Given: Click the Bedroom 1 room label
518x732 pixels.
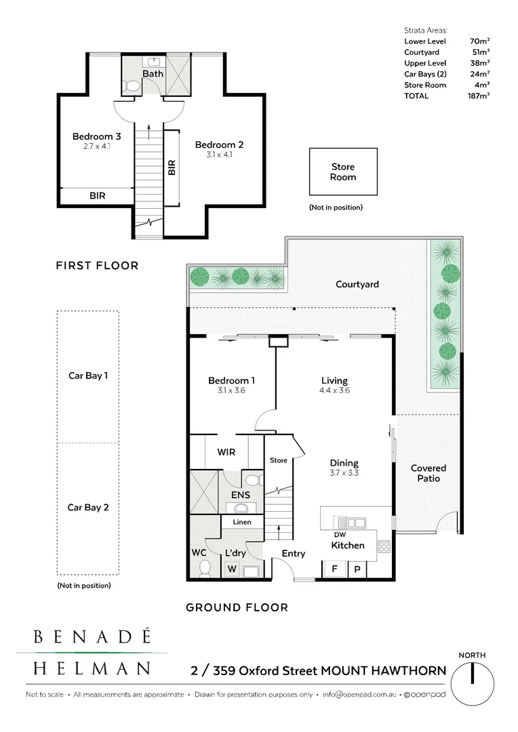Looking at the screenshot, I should pyautogui.click(x=231, y=381).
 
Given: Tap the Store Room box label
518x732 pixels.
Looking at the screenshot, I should pyautogui.click(x=342, y=171).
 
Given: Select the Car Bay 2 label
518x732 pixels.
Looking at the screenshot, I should pyautogui.click(x=87, y=506).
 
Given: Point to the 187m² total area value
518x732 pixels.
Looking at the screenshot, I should pyautogui.click(x=479, y=96).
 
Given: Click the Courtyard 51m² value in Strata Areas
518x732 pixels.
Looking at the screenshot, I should pyautogui.click(x=481, y=52).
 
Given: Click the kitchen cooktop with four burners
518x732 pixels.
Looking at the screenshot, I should pyautogui.click(x=384, y=546).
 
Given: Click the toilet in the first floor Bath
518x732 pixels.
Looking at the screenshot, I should pyautogui.click(x=132, y=86).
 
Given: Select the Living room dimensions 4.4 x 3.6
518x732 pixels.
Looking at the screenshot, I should pyautogui.click(x=334, y=390).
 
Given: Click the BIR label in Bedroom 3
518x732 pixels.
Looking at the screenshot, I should pyautogui.click(x=98, y=196).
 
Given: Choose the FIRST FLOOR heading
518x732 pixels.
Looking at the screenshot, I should pyautogui.click(x=97, y=266).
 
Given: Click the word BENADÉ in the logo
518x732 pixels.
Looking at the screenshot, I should pyautogui.click(x=92, y=637).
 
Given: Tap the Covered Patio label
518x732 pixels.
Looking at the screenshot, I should pyautogui.click(x=429, y=473).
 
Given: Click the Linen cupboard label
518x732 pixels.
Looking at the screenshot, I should pyautogui.click(x=241, y=522).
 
